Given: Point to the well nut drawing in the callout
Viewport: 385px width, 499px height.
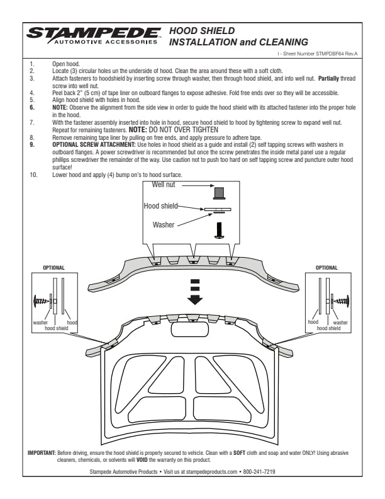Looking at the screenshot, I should [x=219, y=192].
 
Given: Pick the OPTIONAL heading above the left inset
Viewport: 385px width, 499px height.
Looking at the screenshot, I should [x=53, y=268].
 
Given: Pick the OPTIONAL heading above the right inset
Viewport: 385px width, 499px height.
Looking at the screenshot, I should [x=329, y=268].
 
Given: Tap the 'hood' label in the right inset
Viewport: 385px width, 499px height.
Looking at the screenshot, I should [x=313, y=322].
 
